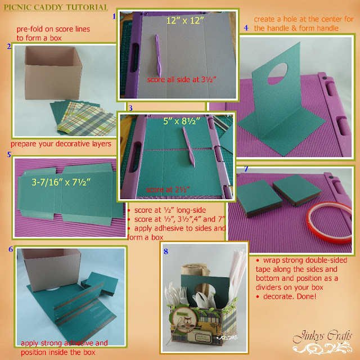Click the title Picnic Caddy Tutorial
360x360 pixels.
tap(56, 7)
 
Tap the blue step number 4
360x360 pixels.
tap(246, 28)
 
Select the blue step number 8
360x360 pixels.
tap(166, 251)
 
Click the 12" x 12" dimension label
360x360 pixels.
tap(185, 21)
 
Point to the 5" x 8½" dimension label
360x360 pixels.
tap(181, 121)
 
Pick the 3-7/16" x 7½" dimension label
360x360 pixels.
tap(61, 182)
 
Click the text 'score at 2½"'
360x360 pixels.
tap(168, 190)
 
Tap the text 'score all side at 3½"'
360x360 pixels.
tap(182, 79)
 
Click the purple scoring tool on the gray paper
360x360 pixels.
tap(159, 56)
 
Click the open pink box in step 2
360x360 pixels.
tap(53, 73)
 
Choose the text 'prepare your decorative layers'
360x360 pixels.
tap(61, 144)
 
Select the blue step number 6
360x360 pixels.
tap(11, 249)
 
